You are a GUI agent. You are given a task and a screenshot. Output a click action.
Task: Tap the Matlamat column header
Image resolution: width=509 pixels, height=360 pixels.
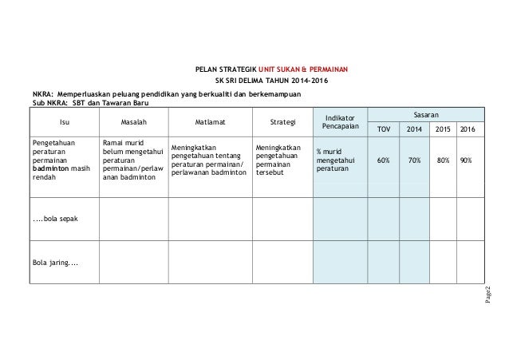(x=209, y=122)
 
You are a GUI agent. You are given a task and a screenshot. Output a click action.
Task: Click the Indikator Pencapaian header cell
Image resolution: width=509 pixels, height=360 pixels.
(x=341, y=122)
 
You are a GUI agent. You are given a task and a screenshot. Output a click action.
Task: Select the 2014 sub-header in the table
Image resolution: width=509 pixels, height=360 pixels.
(x=415, y=129)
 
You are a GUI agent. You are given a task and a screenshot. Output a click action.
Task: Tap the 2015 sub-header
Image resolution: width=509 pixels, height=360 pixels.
(x=445, y=129)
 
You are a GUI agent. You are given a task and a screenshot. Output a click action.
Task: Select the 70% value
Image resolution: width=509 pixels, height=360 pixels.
(x=415, y=160)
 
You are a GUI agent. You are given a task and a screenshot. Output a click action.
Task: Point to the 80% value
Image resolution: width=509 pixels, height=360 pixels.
(x=445, y=160)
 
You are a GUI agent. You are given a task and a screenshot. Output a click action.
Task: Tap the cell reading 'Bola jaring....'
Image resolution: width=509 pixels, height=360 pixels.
(x=55, y=260)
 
